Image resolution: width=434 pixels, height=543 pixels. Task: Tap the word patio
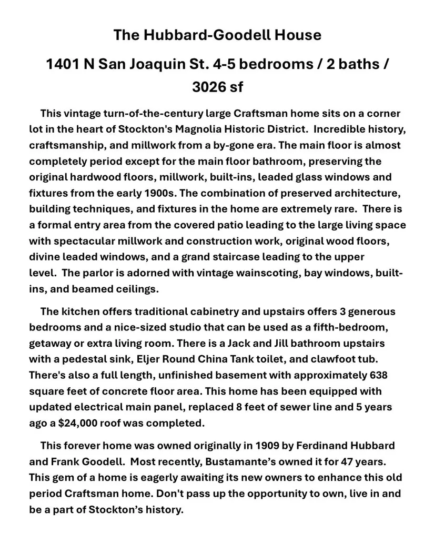pyautogui.click(x=249, y=225)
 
